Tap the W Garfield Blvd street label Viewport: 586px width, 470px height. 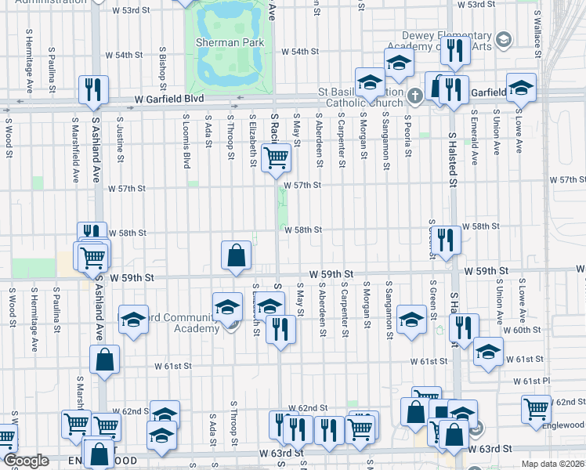coord(168,99)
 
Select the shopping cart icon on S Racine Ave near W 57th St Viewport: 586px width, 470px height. coord(276,157)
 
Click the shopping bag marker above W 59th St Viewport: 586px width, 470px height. coord(236,255)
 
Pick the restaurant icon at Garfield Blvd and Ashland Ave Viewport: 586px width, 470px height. coord(92,90)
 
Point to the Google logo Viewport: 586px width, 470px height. coord(26,461)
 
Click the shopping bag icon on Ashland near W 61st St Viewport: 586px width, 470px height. coord(104,360)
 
